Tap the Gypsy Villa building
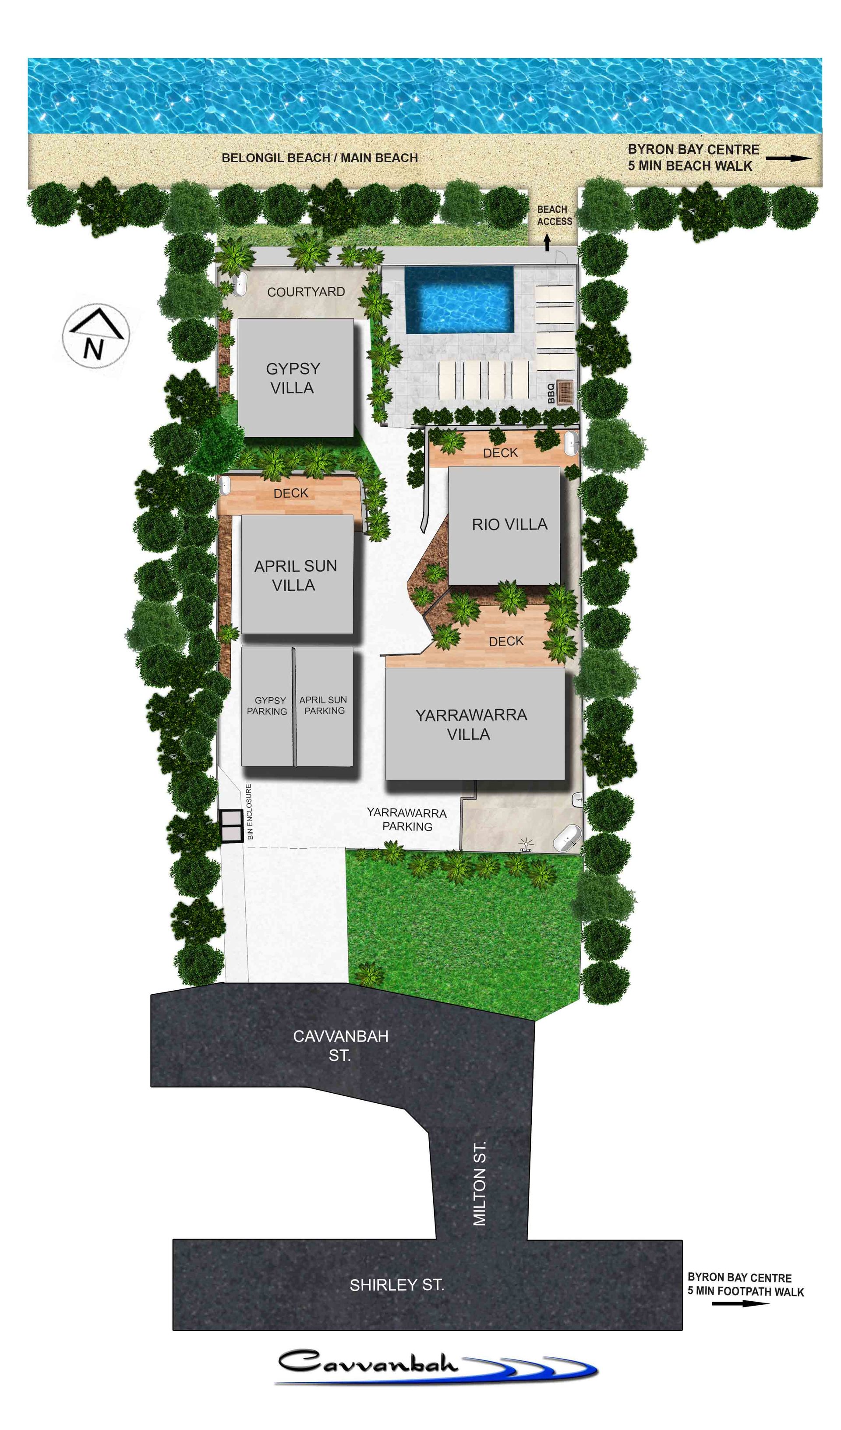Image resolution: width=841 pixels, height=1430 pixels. point(295,378)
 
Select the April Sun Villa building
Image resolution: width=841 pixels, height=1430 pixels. point(297,574)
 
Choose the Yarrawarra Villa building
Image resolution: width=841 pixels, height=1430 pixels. point(474,724)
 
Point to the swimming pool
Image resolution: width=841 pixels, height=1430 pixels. point(459,300)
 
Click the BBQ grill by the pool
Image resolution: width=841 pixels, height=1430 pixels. point(565,392)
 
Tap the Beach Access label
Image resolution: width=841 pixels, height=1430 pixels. point(555,215)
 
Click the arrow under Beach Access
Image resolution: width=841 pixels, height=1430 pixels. point(547,243)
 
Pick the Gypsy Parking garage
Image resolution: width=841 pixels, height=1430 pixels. point(267,706)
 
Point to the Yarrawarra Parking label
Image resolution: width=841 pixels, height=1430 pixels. point(407,819)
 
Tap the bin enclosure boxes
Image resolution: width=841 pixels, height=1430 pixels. point(232,825)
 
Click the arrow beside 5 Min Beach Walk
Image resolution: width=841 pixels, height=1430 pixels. point(789,158)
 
